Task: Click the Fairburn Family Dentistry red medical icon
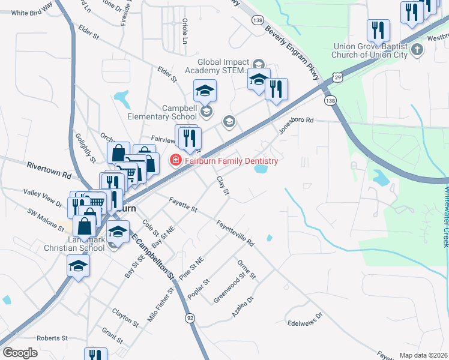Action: coord(175,160)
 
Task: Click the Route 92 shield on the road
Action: coord(190,317)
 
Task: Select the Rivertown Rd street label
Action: coord(49,170)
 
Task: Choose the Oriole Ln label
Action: coord(185,31)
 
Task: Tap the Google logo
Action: coord(20,352)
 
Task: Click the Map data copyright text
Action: coord(423,355)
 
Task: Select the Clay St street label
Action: coord(222,185)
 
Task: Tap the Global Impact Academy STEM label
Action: coord(223,65)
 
